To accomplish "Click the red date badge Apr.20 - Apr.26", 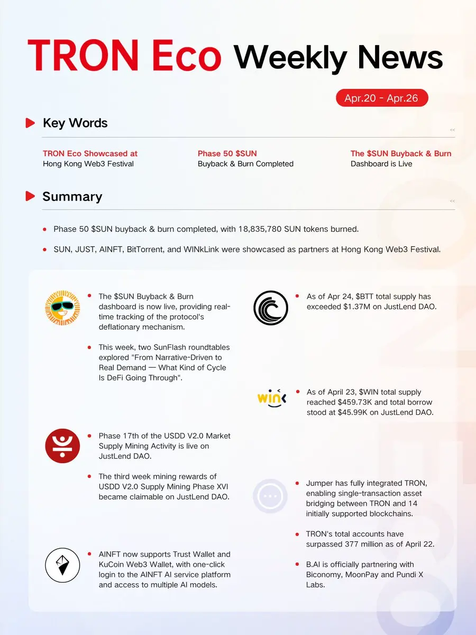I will [x=382, y=98].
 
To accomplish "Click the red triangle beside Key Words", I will [x=30, y=123].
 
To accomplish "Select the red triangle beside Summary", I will [x=30, y=196].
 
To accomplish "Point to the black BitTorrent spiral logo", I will [x=270, y=307].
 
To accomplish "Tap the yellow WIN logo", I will [x=272, y=398].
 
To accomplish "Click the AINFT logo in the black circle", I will [x=62, y=566].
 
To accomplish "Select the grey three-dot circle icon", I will [x=270, y=496].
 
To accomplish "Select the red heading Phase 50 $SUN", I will [x=227, y=153].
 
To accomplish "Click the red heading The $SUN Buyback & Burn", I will [x=401, y=153].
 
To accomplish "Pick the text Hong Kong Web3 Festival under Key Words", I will [x=88, y=164].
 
